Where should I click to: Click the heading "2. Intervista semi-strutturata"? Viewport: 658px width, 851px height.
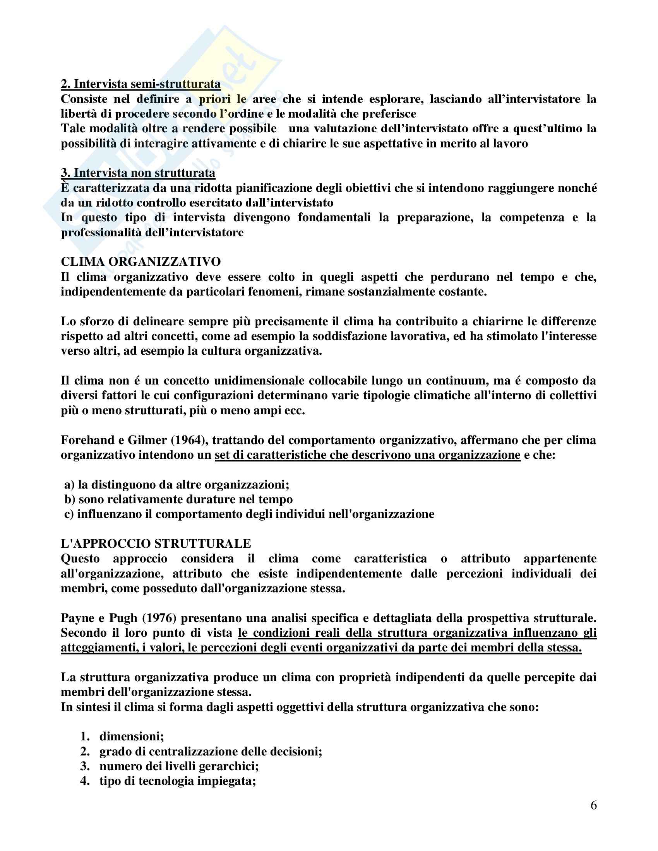pyautogui.click(x=141, y=84)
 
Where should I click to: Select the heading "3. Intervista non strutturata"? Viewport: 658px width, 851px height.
pyautogui.click(x=138, y=173)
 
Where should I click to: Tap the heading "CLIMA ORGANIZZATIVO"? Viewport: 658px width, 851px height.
pyautogui.click(x=141, y=261)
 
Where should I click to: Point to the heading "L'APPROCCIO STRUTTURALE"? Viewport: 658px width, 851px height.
pyautogui.click(x=156, y=543)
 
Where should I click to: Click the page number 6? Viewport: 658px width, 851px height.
pyautogui.click(x=593, y=805)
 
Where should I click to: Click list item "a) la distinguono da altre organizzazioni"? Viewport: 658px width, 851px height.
pyautogui.click(x=176, y=485)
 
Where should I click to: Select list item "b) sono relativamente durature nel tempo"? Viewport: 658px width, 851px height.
pyautogui.click(x=178, y=499)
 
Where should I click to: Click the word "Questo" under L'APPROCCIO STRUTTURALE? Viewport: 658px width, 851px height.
pyautogui.click(x=80, y=559)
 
